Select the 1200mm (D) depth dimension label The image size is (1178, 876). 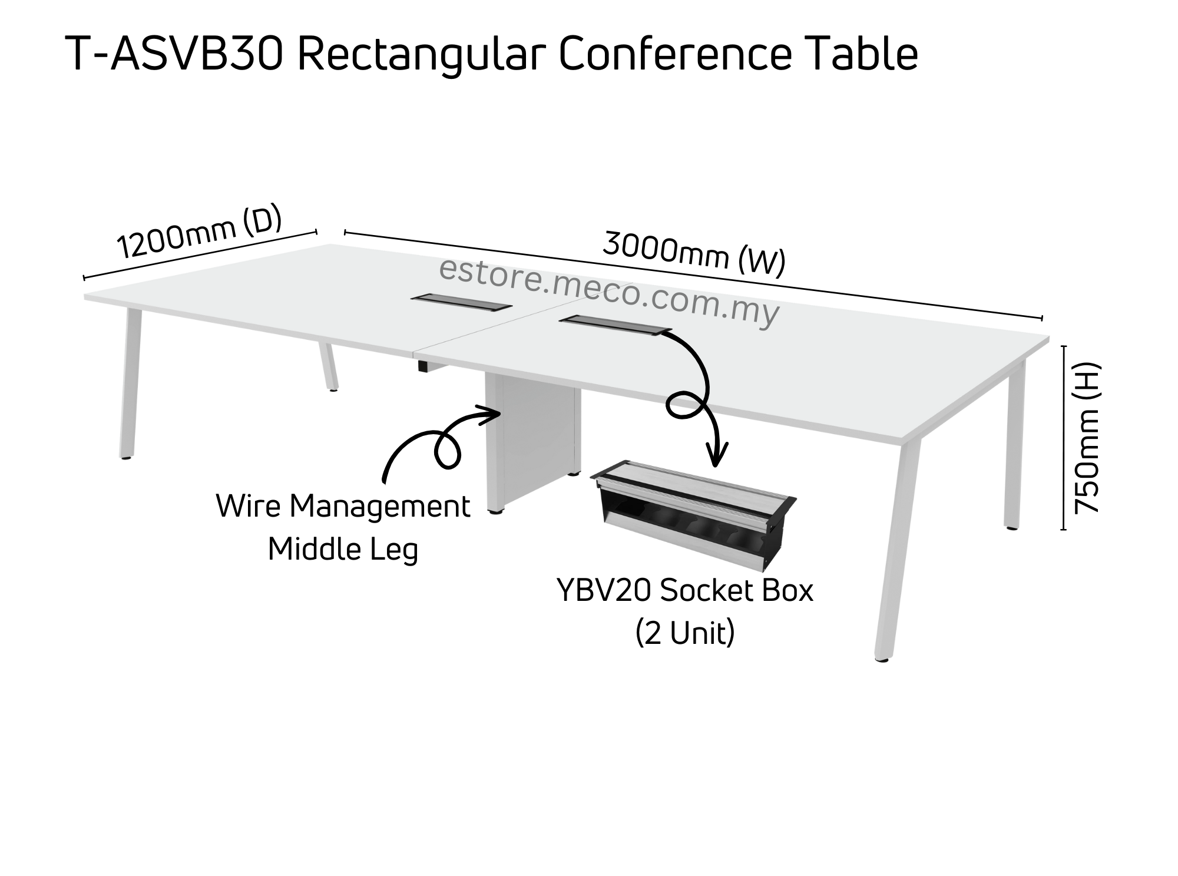(x=199, y=232)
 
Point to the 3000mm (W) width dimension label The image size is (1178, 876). (x=694, y=254)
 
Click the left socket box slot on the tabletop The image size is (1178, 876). (x=461, y=303)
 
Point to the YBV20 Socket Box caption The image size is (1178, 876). (x=684, y=591)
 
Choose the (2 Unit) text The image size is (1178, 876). (x=685, y=633)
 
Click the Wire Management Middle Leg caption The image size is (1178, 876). (x=343, y=527)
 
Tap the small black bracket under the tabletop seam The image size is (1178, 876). (x=423, y=366)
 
